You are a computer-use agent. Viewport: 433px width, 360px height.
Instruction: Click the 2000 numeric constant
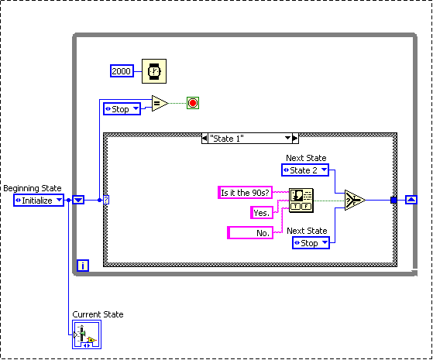pyautogui.click(x=122, y=72)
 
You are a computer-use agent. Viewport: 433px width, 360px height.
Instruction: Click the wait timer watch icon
pyautogui.click(x=154, y=72)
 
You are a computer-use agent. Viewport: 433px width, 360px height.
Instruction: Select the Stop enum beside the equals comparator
pyautogui.click(x=122, y=109)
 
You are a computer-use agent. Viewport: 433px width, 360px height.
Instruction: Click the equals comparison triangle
pyautogui.click(x=159, y=104)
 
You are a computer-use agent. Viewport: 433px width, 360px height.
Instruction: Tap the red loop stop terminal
pyautogui.click(x=193, y=103)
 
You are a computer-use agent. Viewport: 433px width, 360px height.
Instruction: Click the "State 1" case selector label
pyautogui.click(x=248, y=138)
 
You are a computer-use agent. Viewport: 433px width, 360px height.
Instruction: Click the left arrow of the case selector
pyautogui.click(x=204, y=138)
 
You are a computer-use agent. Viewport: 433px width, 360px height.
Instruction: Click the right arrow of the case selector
pyautogui.click(x=294, y=138)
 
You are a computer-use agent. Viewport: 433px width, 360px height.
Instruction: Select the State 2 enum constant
pyautogui.click(x=304, y=170)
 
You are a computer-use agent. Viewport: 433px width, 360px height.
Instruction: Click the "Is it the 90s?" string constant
pyautogui.click(x=244, y=193)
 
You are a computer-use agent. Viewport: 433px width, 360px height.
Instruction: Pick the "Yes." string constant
pyautogui.click(x=261, y=212)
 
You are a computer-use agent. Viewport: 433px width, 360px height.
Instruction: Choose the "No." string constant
pyautogui.click(x=249, y=231)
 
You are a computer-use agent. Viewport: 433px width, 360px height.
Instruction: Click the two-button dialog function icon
pyautogui.click(x=301, y=200)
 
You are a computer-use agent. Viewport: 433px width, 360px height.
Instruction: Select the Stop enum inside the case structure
pyautogui.click(x=310, y=243)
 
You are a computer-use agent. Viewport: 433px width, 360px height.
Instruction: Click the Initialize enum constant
pyautogui.click(x=38, y=200)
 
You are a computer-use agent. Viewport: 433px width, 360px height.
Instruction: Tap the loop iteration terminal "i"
pyautogui.click(x=83, y=266)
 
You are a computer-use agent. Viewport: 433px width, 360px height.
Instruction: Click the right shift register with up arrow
pyautogui.click(x=411, y=200)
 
